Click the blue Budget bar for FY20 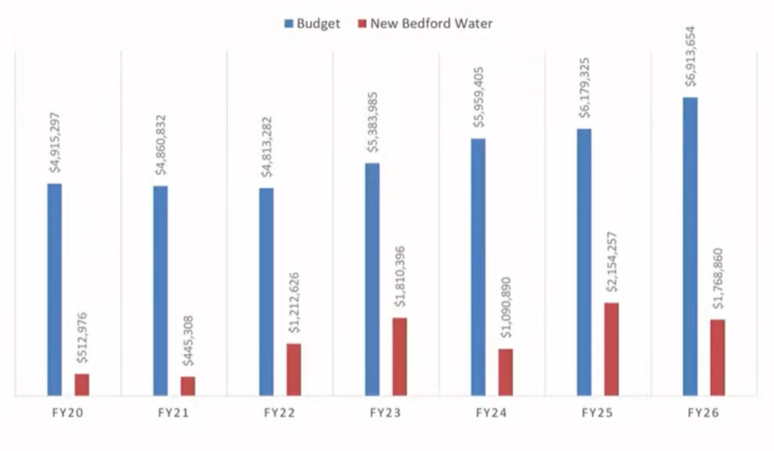point(54,290)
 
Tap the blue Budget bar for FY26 point(690,247)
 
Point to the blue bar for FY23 point(372,279)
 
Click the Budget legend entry point(312,23)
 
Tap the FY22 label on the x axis point(279,414)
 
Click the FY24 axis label point(491,414)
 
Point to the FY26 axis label point(703,414)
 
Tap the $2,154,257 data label point(611,259)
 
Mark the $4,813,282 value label point(267,147)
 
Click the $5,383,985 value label point(373,121)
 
